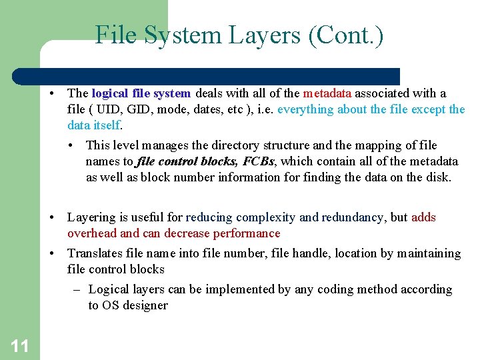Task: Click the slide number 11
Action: pos(19,345)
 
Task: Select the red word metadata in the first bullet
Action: pos(327,93)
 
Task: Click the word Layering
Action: pos(92,217)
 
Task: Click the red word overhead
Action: pos(92,233)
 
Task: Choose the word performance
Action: pos(247,233)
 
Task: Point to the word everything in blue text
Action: pos(307,109)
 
